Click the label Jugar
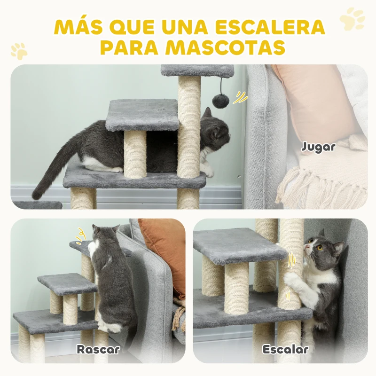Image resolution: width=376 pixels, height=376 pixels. [319, 146]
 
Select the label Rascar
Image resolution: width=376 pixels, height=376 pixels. [98, 349]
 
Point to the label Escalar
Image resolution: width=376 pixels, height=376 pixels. [286, 349]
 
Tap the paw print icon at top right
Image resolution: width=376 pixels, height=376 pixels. [352, 19]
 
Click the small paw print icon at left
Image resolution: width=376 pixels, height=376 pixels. [19, 50]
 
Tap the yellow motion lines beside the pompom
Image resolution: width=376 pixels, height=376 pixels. [241, 97]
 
